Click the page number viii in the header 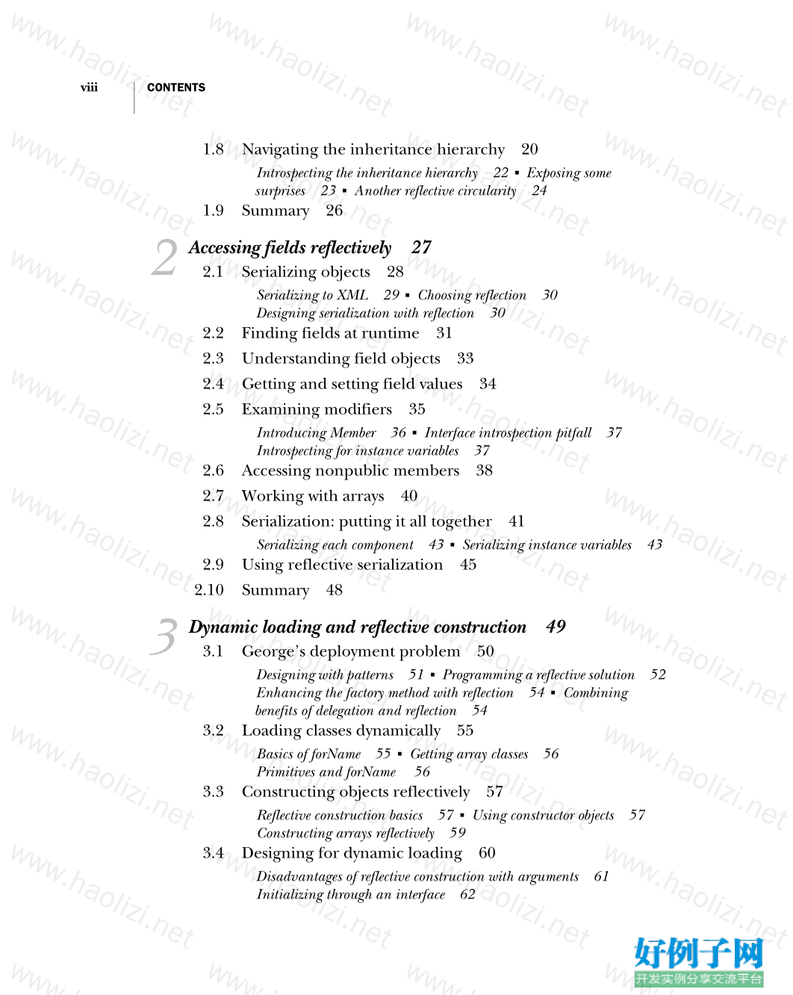[x=89, y=87]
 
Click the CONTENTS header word [x=176, y=87]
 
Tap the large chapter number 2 [x=164, y=258]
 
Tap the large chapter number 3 [x=164, y=637]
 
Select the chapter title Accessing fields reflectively [x=290, y=248]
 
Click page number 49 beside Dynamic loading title [x=556, y=627]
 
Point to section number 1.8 [x=213, y=149]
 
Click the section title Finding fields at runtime [x=330, y=333]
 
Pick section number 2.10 [x=209, y=590]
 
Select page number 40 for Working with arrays [x=409, y=496]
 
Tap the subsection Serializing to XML [x=312, y=295]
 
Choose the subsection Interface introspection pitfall [x=508, y=433]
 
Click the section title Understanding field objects [x=340, y=359]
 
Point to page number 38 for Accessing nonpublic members [x=484, y=471]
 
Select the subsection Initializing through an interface [x=350, y=894]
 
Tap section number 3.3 [x=213, y=792]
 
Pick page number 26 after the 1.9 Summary [x=334, y=211]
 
